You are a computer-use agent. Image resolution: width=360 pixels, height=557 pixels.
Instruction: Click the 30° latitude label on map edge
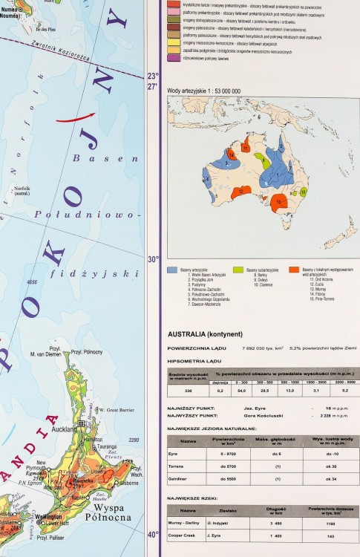[x=153, y=259]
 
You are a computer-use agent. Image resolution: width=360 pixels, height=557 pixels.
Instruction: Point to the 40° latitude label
[x=152, y=534]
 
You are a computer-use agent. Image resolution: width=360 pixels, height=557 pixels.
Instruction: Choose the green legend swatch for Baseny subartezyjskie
[x=238, y=270]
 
